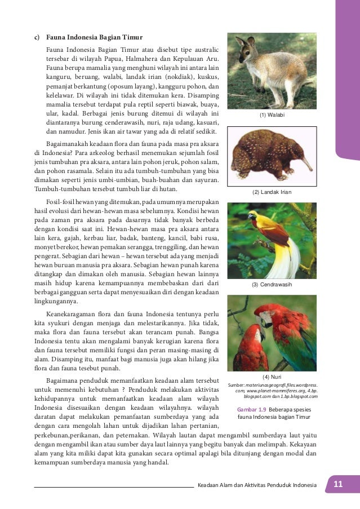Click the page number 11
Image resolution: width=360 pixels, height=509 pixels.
pos(338,485)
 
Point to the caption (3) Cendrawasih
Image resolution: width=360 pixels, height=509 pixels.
pos(272,285)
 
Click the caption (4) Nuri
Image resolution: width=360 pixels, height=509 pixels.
pos(272,377)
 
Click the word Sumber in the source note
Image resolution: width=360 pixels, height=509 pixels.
pos(237,384)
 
